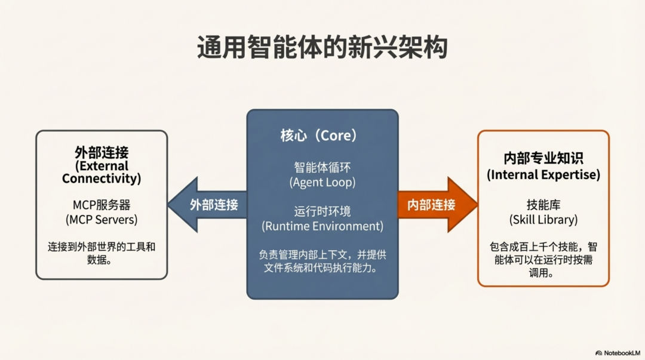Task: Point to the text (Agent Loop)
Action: [322, 182]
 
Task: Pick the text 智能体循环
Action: [322, 167]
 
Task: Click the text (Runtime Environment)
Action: [322, 226]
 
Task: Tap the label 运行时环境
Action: [322, 211]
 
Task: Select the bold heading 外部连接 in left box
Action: [102, 152]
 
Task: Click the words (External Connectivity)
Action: [102, 172]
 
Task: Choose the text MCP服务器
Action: [102, 205]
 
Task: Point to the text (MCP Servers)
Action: [102, 219]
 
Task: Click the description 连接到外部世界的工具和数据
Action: [102, 253]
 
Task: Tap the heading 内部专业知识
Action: [543, 159]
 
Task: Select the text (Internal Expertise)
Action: [543, 175]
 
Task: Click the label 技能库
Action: [543, 205]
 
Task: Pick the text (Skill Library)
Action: [543, 219]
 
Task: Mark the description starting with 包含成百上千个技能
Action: [543, 260]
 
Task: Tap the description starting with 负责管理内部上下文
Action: [322, 261]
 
